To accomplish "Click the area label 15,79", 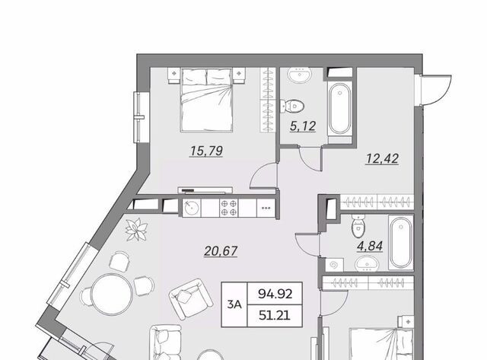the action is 206,151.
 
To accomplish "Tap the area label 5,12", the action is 303,126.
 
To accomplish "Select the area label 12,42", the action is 382,159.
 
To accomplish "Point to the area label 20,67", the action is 221,251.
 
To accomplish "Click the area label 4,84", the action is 370,246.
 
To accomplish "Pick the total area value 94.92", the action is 275,294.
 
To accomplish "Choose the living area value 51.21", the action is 275,316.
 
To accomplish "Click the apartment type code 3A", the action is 234,304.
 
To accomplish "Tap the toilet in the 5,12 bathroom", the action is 292,107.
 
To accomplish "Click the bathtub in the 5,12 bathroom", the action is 340,109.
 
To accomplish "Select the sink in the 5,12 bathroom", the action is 300,75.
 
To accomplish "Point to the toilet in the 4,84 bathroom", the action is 358,225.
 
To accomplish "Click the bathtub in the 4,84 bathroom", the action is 401,243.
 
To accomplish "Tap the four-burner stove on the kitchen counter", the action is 228,208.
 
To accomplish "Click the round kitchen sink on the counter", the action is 191,208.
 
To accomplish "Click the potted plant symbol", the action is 136,229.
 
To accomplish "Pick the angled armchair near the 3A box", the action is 191,298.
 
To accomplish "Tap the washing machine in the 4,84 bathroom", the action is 334,265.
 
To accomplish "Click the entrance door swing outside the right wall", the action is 434,90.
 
